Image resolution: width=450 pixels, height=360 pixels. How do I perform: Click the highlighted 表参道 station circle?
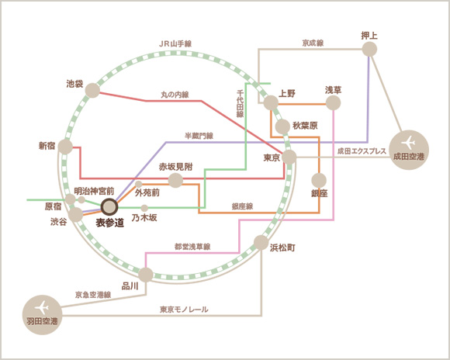(x=110, y=207)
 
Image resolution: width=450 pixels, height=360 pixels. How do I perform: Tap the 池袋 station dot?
(x=92, y=90)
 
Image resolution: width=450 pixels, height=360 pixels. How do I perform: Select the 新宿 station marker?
(x=65, y=147)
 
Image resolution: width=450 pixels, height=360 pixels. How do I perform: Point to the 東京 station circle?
(x=289, y=157)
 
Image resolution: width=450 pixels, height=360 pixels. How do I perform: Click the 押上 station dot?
(x=369, y=50)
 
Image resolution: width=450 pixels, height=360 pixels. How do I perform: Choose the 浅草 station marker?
(x=333, y=102)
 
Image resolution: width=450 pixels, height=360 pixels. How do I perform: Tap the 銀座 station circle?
(x=319, y=181)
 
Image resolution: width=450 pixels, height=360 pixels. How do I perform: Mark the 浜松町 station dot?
(x=261, y=243)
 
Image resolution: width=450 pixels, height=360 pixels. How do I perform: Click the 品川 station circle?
(x=146, y=275)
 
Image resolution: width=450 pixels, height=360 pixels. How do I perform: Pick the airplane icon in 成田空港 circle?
(x=408, y=143)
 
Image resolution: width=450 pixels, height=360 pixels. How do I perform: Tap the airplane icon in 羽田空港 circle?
(x=42, y=308)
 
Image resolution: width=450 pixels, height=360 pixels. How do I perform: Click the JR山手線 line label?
(x=175, y=44)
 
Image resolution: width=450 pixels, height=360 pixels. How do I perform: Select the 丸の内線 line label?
(x=175, y=95)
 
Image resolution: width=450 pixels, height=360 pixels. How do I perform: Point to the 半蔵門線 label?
(x=199, y=136)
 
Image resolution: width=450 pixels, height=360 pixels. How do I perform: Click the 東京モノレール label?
(x=184, y=310)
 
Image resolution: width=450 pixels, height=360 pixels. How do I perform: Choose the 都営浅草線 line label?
(x=192, y=247)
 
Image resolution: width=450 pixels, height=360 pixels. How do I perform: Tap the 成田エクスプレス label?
(x=362, y=151)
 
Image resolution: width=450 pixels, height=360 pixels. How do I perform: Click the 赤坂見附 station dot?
(x=175, y=180)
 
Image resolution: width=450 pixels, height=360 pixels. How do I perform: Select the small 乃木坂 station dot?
(x=144, y=208)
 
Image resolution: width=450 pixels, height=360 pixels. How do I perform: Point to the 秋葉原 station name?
(x=305, y=126)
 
